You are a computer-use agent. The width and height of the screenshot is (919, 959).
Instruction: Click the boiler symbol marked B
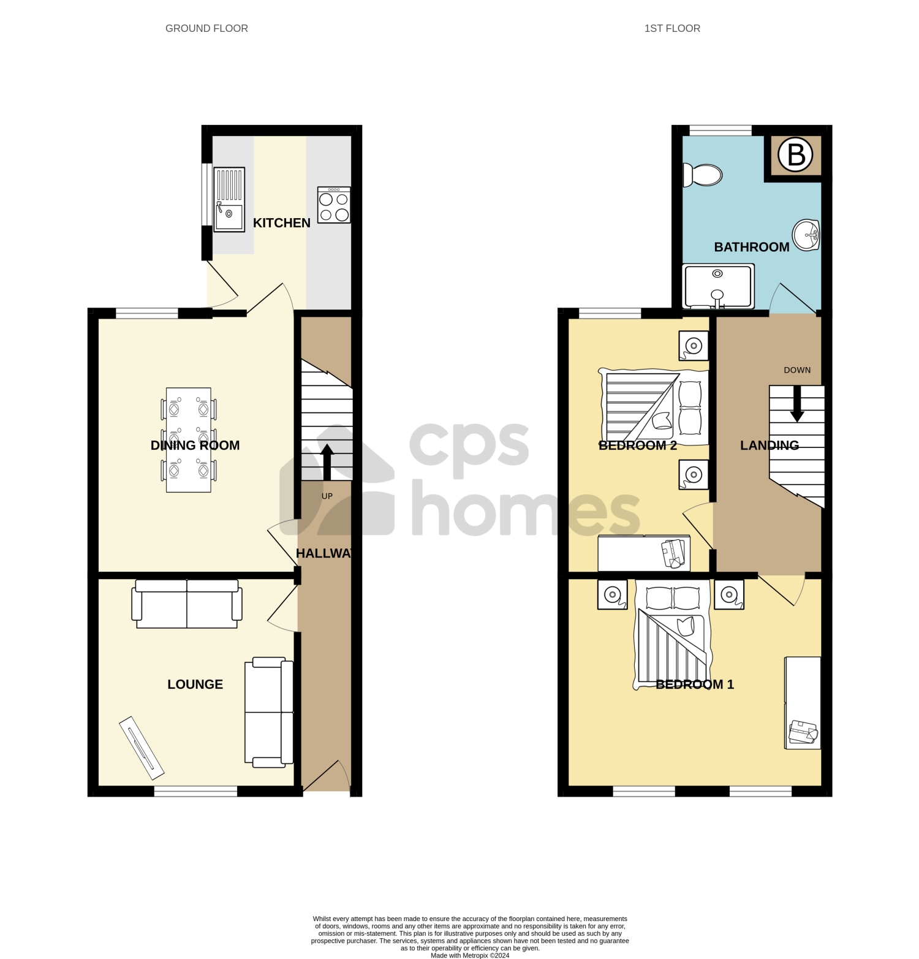click(795, 154)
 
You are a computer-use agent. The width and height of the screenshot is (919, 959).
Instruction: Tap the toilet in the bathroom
click(703, 175)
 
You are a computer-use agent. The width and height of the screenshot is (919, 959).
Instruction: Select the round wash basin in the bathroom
click(806, 235)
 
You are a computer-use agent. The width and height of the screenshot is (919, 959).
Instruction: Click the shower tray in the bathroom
click(717, 286)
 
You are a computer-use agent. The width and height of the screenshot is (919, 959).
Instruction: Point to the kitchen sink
click(229, 200)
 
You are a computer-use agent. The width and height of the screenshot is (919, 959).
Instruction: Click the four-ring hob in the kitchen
click(334, 205)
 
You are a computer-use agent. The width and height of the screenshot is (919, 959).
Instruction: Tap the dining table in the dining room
click(189, 439)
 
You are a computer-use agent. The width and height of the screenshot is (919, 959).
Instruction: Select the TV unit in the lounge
click(142, 747)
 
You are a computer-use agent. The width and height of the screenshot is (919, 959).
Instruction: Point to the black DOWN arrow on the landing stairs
click(796, 404)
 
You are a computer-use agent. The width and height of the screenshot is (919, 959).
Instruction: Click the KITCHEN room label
click(282, 223)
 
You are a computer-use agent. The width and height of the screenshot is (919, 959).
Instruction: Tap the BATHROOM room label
click(752, 247)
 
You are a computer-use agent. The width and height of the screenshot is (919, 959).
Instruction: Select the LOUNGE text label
click(195, 684)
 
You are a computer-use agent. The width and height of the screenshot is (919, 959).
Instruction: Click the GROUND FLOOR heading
click(206, 28)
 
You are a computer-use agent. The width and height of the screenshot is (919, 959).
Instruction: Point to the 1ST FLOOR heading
click(672, 28)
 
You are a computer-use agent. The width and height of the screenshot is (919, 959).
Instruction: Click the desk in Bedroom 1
click(803, 703)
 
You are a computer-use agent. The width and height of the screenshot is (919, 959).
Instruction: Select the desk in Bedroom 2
click(644, 553)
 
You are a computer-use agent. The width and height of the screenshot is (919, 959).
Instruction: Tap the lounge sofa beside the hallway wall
click(269, 712)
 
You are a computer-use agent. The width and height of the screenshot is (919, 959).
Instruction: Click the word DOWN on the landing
click(797, 370)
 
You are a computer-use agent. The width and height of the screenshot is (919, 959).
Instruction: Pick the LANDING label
click(770, 445)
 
